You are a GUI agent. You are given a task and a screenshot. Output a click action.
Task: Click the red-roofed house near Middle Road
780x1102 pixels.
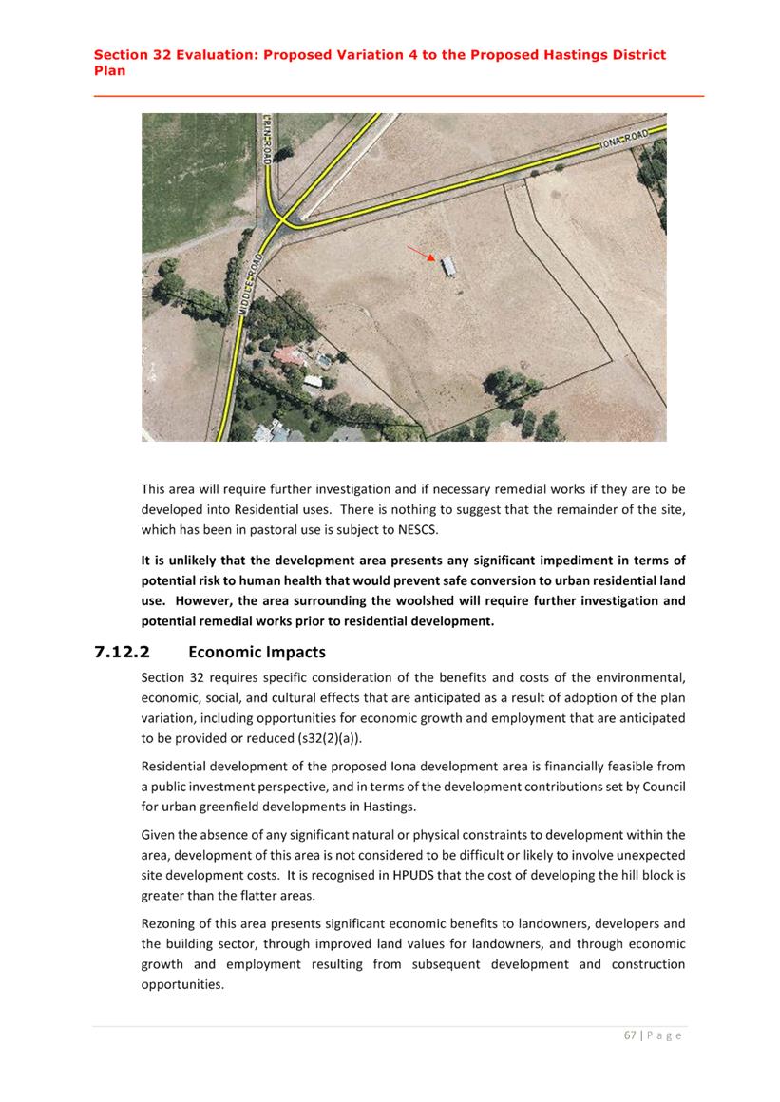click(288, 356)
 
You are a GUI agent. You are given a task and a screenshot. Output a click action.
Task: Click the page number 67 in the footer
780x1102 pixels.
click(630, 1035)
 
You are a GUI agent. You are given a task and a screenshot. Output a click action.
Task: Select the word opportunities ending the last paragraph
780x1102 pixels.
click(181, 984)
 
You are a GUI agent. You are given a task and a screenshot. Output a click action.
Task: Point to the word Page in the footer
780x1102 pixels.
click(664, 1035)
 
